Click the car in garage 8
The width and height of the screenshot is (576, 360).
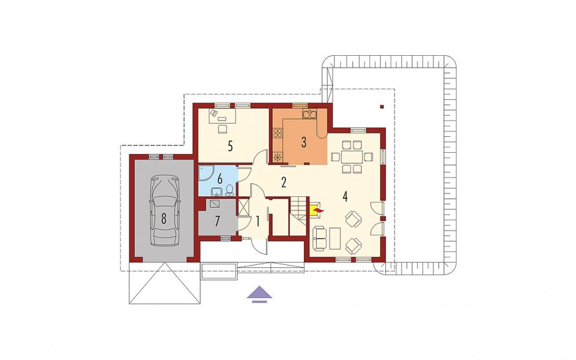coord(164,212)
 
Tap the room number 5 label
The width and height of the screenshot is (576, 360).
coord(230,147)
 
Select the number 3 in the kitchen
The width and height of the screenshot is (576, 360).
coord(304,142)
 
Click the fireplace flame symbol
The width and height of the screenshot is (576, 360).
coord(318,210)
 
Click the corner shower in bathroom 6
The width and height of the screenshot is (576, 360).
coord(205,174)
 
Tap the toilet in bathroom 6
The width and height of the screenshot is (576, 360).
coord(230,190)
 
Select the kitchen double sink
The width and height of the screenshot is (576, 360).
coord(309,113)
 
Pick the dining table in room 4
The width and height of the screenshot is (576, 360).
coord(352,157)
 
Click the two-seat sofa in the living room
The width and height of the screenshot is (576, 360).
coord(320,238)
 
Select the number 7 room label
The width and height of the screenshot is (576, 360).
coord(218,221)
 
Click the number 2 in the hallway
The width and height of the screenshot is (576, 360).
coord(284,182)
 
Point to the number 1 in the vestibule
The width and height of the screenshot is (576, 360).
coord(257,221)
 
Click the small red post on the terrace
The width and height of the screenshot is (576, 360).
coord(382,107)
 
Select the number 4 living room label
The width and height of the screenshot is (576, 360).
coord(344,196)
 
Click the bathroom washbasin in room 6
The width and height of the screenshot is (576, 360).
coord(216,191)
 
